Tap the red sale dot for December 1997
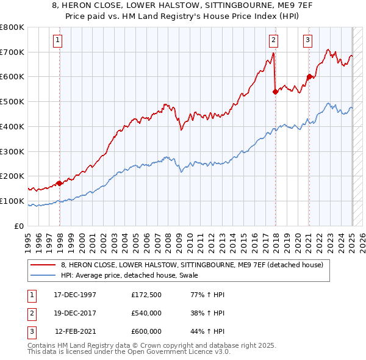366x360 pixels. [59, 182]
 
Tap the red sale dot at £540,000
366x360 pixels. [275, 92]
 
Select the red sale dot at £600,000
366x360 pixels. [309, 76]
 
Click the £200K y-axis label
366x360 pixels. [13, 176]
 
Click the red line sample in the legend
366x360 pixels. [44, 265]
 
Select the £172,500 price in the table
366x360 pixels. [146, 295]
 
